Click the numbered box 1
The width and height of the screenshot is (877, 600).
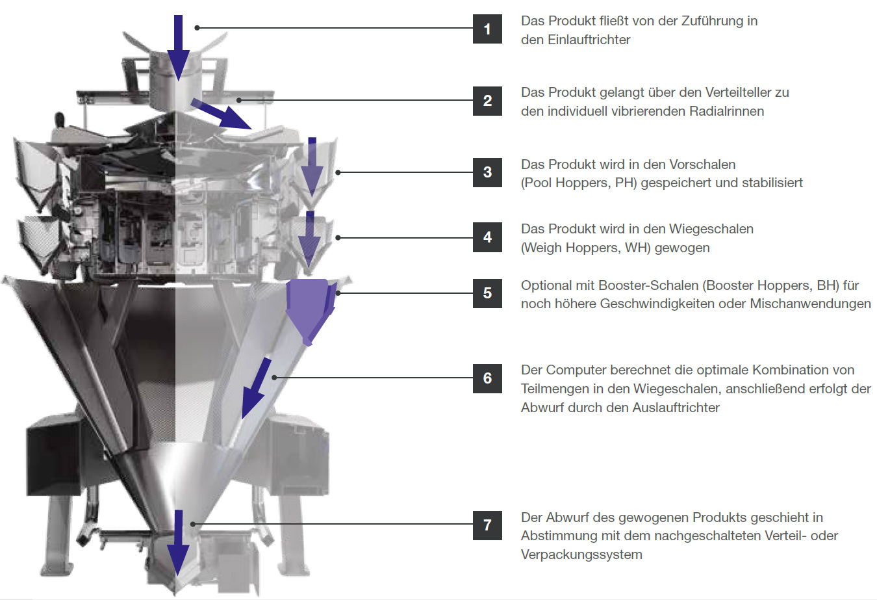coord(487,29)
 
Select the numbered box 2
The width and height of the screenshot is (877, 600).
coord(487,101)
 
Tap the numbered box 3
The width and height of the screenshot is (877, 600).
coord(487,172)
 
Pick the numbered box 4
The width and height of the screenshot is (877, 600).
coord(487,237)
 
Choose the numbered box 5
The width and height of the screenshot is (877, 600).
coord(487,293)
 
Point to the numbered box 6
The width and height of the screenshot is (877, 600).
coord(487,378)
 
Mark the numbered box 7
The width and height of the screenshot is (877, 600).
coord(487,525)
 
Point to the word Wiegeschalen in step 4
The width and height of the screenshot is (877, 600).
coord(711,229)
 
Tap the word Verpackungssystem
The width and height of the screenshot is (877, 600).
coord(581,555)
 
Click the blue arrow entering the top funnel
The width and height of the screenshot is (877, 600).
coord(178,48)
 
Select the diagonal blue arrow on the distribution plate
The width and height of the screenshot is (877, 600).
coord(222,114)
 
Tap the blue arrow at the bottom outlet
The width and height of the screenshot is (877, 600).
coord(178,543)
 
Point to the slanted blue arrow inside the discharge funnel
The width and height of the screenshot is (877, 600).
coord(257,388)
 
